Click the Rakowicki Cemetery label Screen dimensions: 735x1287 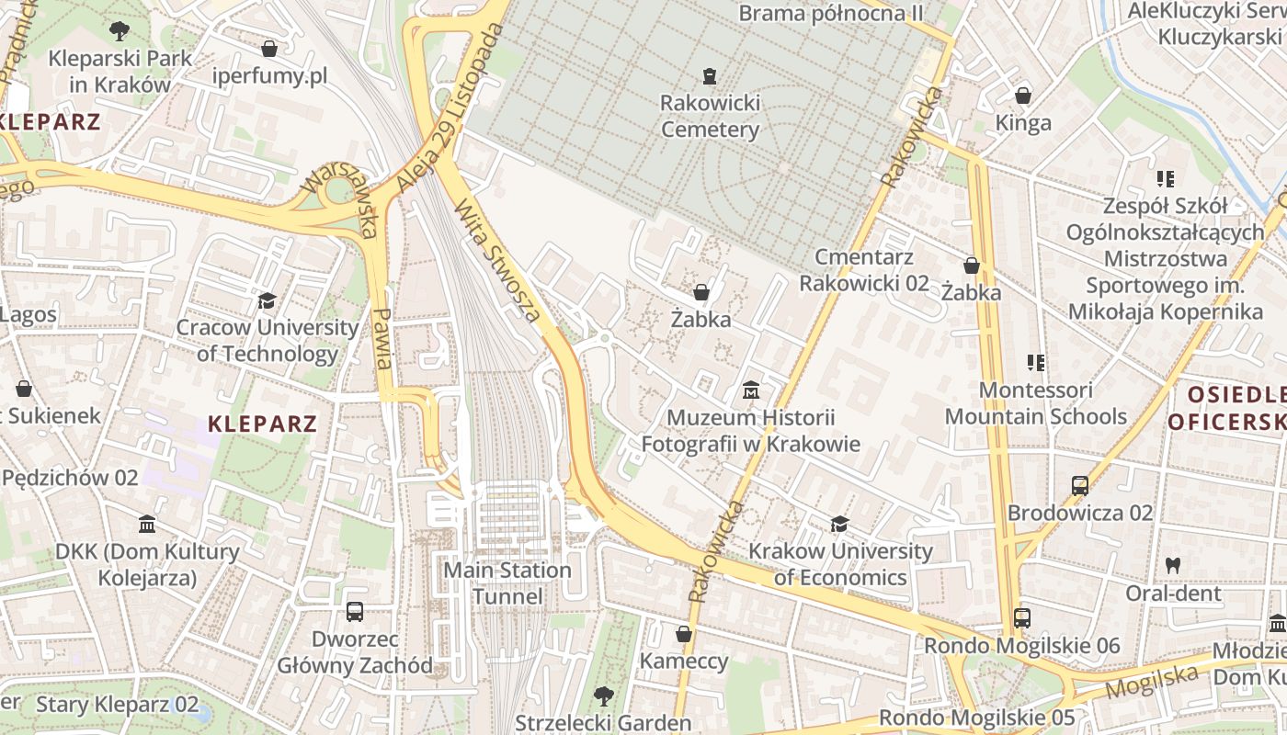(x=710, y=116)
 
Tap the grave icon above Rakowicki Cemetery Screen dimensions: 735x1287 (x=710, y=75)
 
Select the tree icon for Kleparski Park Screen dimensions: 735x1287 (x=120, y=31)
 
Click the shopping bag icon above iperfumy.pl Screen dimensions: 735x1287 (x=269, y=49)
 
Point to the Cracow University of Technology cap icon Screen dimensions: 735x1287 (x=267, y=300)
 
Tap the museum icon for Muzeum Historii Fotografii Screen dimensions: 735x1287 (x=750, y=391)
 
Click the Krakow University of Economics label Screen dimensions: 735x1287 (x=839, y=564)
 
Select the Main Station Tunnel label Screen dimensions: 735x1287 (x=507, y=583)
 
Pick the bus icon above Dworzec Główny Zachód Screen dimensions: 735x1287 (x=355, y=612)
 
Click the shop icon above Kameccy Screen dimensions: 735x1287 (x=684, y=634)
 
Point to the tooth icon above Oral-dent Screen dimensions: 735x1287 (x=1173, y=566)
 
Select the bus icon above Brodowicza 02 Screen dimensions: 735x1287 (x=1080, y=485)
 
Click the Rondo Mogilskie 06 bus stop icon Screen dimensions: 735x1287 (x=1021, y=618)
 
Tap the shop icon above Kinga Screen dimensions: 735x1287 (x=1022, y=96)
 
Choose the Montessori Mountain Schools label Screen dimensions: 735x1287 (x=1035, y=403)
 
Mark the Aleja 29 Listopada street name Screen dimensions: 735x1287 (x=451, y=108)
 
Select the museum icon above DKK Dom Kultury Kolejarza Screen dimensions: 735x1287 (x=147, y=525)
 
